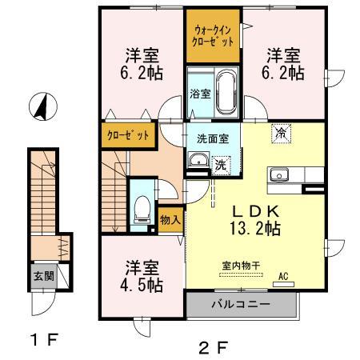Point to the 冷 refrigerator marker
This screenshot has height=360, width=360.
click(x=281, y=133)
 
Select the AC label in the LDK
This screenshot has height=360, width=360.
click(x=282, y=279)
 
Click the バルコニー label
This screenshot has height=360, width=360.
click(x=241, y=306)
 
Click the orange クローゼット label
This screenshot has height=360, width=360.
click(x=128, y=135)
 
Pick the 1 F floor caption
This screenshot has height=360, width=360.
click(x=45, y=341)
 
